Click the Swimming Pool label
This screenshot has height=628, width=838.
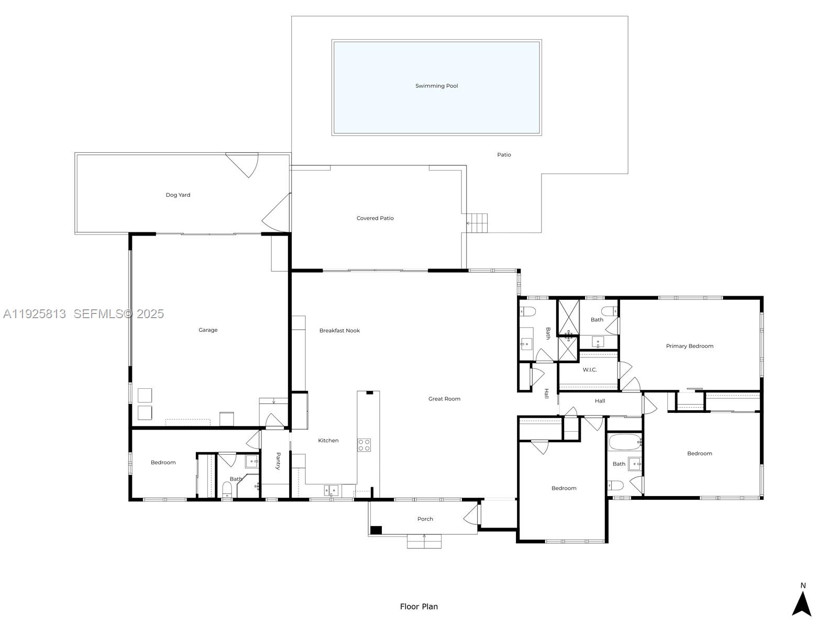436,86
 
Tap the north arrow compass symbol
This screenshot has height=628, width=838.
801,603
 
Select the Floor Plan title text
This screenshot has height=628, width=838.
418,607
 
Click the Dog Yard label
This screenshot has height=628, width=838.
178,195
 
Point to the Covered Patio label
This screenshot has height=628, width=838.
375,218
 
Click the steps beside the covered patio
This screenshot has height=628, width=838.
478,223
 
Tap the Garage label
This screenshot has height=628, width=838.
208,330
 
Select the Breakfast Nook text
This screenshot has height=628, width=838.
339,330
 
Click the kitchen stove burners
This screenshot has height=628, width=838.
364,445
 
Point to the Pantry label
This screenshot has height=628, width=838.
278,461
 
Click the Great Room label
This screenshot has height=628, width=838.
444,399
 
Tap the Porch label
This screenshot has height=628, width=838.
425,519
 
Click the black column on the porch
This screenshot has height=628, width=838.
376,530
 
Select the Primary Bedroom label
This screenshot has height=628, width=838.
689,346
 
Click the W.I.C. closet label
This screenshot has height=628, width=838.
590,369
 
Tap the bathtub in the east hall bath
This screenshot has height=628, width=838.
624,442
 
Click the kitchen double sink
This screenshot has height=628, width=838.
331,490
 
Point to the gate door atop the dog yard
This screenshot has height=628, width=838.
243,164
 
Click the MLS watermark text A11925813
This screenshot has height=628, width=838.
35,314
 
